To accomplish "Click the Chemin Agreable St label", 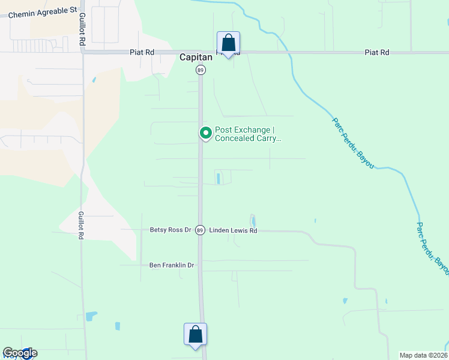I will pyautogui.click(x=43, y=10).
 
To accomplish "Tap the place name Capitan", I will pyautogui.click(x=196, y=58).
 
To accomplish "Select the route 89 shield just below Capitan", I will pyautogui.click(x=200, y=70).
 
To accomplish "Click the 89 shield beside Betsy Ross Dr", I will pyautogui.click(x=200, y=230).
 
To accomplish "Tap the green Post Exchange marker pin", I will pyautogui.click(x=205, y=133).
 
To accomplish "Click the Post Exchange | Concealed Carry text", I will pyautogui.click(x=248, y=134).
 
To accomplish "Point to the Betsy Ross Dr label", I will pyautogui.click(x=170, y=230).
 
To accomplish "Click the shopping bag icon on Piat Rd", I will pyautogui.click(x=228, y=43).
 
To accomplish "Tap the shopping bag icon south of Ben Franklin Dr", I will pyautogui.click(x=196, y=334).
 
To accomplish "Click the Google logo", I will pyautogui.click(x=20, y=353).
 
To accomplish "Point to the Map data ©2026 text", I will pyautogui.click(x=423, y=355).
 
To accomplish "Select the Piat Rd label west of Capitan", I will pyautogui.click(x=142, y=52).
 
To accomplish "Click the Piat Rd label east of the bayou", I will pyautogui.click(x=377, y=53).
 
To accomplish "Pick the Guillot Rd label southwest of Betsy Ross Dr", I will pyautogui.click(x=81, y=225).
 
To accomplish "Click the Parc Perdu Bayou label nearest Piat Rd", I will pyautogui.click(x=353, y=143).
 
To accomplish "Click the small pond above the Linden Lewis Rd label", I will pyautogui.click(x=252, y=220).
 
